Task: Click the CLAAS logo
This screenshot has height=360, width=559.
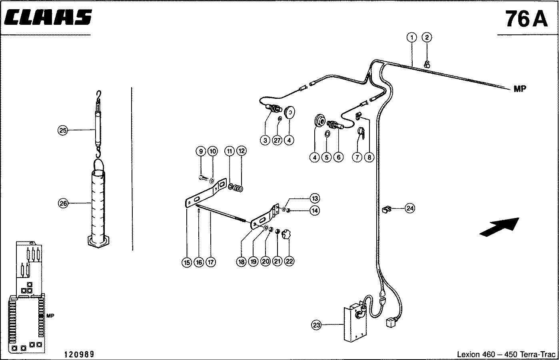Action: [48, 17]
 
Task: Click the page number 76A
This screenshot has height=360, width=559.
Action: [527, 19]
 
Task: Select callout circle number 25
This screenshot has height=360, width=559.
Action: [63, 130]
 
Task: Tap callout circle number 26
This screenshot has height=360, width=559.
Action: [63, 203]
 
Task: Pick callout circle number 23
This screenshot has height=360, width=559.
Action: [316, 325]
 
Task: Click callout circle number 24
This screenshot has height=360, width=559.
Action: [410, 208]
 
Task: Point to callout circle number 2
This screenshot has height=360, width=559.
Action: [427, 38]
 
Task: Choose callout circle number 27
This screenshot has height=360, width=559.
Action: [277, 140]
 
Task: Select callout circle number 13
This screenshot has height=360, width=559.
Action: [315, 198]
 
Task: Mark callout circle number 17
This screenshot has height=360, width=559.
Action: [211, 262]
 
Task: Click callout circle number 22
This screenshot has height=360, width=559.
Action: [289, 261]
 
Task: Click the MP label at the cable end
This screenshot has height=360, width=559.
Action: [520, 89]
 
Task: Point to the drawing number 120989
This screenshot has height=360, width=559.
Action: [79, 354]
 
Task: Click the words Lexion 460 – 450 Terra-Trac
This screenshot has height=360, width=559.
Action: [506, 354]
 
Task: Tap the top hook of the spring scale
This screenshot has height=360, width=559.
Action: [99, 95]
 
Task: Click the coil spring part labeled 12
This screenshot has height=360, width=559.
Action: [238, 188]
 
